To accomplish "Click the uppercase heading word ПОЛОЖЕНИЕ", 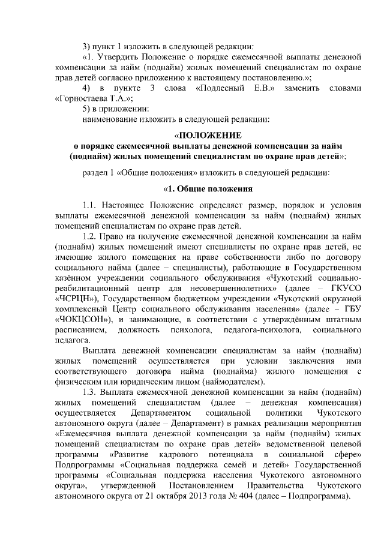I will click(x=207, y=135).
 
